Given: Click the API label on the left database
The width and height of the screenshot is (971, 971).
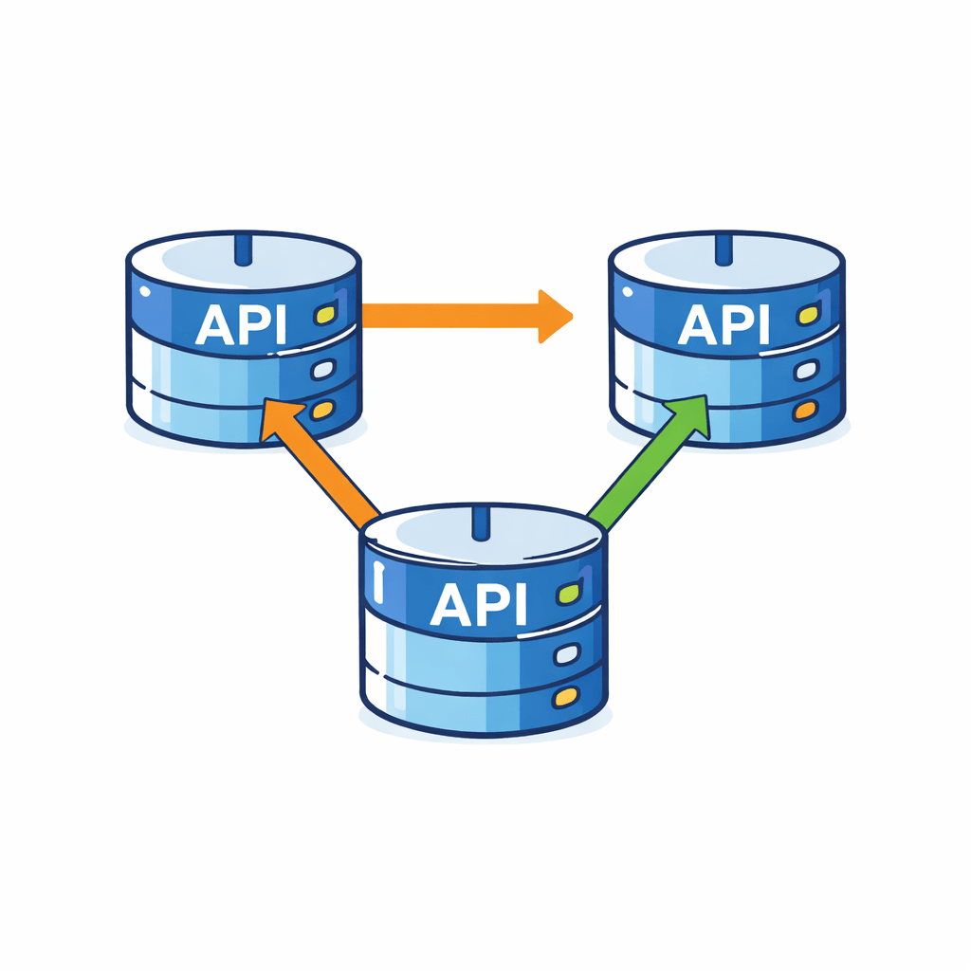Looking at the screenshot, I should [241, 325].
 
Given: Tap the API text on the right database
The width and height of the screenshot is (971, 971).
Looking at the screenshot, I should [724, 325].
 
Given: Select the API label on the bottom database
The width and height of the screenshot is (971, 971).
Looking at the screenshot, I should [478, 604].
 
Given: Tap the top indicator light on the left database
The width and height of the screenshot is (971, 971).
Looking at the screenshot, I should [324, 314].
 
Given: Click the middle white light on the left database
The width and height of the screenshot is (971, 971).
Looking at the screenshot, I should [323, 369].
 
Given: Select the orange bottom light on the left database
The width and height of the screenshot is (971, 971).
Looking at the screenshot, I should [323, 411].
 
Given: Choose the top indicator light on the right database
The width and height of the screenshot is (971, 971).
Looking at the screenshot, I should [807, 314].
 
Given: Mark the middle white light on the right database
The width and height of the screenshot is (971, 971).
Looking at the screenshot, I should [806, 370].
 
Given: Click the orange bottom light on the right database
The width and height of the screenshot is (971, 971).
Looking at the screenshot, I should [806, 411].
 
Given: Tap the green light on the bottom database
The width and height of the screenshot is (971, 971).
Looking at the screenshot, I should [568, 594].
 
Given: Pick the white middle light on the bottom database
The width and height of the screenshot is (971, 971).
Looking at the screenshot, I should [566, 652].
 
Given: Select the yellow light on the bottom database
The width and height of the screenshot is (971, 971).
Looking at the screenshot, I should [565, 697].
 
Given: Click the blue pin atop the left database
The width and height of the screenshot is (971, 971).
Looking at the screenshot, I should [243, 248].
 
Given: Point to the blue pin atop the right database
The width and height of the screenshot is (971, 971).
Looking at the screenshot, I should [725, 248].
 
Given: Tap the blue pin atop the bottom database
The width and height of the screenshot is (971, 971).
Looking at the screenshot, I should [481, 522].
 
